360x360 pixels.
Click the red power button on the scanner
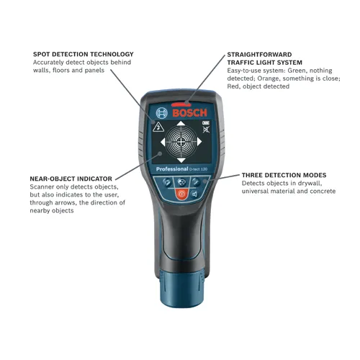(181, 194)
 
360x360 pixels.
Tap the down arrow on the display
(180, 159)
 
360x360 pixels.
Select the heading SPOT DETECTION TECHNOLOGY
(84, 54)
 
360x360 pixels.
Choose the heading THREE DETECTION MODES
(284, 175)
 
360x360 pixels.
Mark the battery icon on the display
(204, 124)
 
